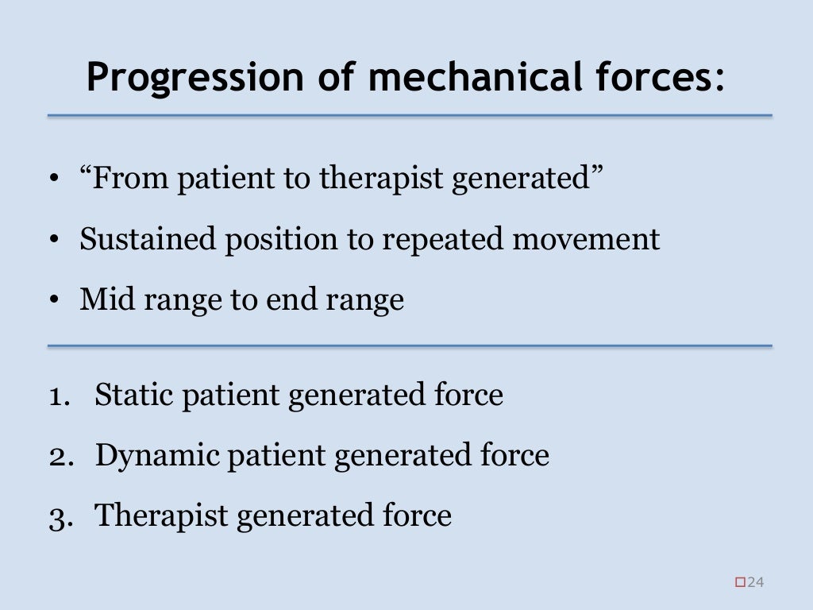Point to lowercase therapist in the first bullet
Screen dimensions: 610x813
[x=383, y=179]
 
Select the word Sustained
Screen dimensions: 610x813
[x=148, y=239]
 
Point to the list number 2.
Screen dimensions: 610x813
[x=56, y=456]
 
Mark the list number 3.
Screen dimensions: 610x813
[x=56, y=517]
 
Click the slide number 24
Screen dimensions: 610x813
[x=755, y=583]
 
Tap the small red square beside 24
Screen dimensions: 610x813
[x=741, y=583]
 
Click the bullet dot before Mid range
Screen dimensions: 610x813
[x=54, y=300]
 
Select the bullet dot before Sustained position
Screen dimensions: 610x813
[x=54, y=240]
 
